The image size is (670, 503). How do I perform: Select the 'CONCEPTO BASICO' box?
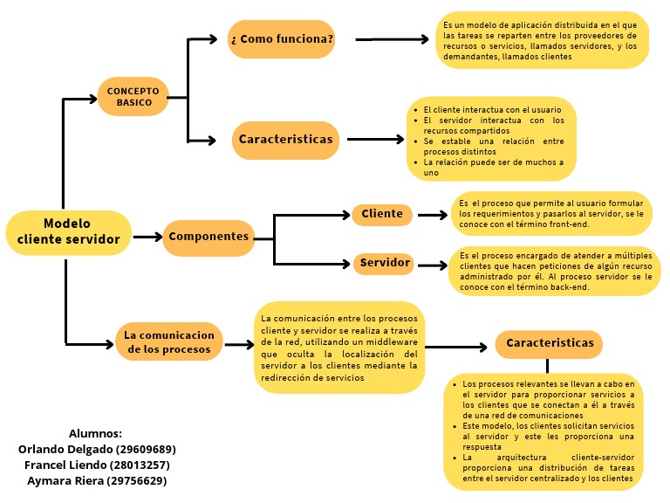point(133,96)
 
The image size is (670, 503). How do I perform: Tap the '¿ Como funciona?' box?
point(282,39)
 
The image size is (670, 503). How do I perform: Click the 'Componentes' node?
point(209,237)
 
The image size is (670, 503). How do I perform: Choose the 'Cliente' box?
point(382,214)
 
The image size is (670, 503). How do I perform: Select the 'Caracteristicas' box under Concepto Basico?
point(286,140)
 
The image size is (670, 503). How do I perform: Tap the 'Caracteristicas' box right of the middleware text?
point(550,343)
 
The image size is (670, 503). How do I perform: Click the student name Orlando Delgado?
point(97,449)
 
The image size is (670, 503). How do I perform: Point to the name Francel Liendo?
point(97,465)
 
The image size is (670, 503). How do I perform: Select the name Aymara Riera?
point(97,480)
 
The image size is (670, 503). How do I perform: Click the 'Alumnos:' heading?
point(95,433)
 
